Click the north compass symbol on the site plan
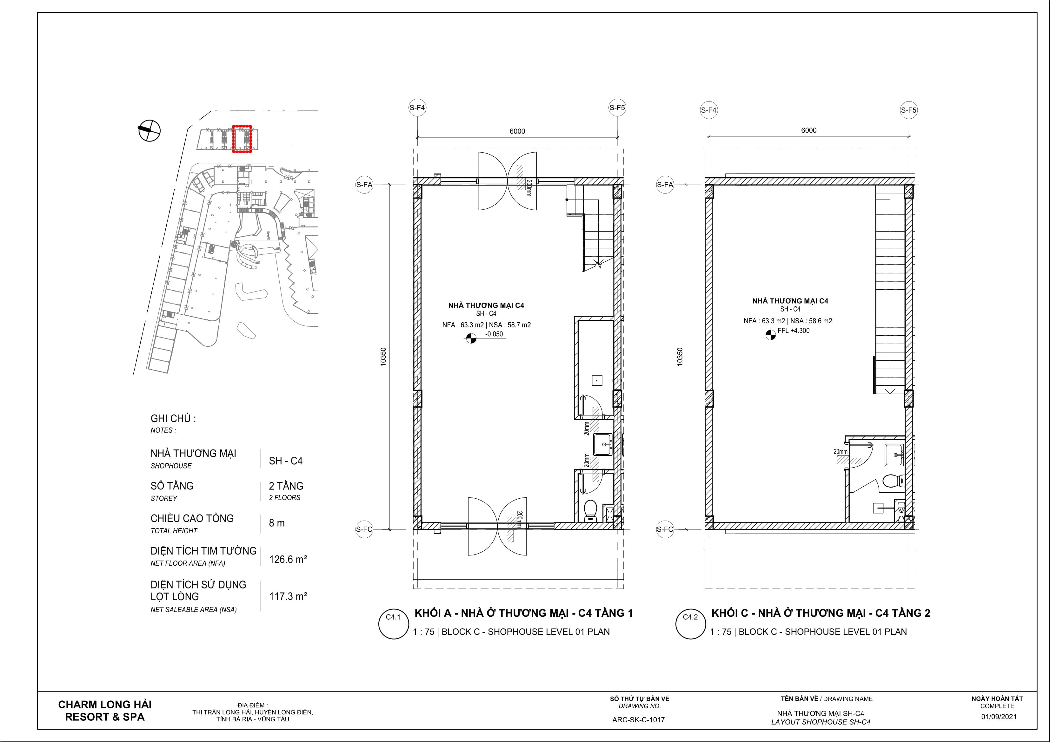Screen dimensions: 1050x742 tap(149, 130)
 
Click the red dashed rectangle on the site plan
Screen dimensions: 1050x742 tap(242, 126)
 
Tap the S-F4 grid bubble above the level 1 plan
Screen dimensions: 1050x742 tap(417, 108)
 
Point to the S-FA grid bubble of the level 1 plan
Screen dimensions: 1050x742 tap(364, 185)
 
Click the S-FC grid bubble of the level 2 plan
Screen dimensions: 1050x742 tap(665, 529)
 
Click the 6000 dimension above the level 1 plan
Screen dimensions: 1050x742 tap(517, 132)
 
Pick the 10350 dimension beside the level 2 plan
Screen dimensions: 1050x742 tap(680, 357)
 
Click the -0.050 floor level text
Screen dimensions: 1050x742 tap(494, 334)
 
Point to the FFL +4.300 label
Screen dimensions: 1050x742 tap(794, 331)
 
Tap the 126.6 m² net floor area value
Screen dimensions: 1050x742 tap(288, 559)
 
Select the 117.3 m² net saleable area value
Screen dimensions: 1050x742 tap(288, 596)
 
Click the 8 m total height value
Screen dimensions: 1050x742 tap(277, 523)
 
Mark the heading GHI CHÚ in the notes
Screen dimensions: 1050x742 tap(173, 419)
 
